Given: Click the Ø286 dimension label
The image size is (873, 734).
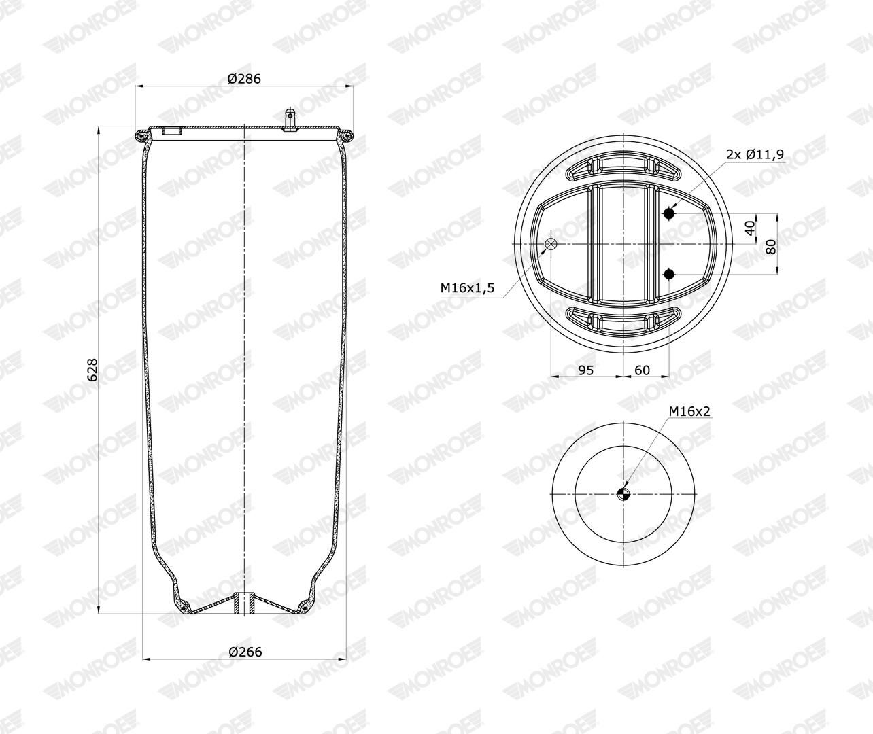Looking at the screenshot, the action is pyautogui.click(x=244, y=79).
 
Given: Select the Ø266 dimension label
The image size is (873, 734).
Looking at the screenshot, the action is pyautogui.click(x=245, y=651).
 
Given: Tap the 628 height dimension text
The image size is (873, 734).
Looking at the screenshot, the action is pyautogui.click(x=92, y=370).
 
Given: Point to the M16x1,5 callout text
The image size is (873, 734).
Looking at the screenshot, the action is pyautogui.click(x=468, y=287).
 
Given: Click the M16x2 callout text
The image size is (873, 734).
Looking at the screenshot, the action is pyautogui.click(x=689, y=411).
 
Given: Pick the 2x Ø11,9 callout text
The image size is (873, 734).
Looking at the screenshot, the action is pyautogui.click(x=755, y=154).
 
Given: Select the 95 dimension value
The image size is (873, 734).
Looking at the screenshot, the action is pyautogui.click(x=585, y=370).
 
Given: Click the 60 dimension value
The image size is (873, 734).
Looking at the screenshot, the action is pyautogui.click(x=643, y=370).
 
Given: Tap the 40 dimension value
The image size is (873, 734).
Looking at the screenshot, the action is pyautogui.click(x=751, y=228).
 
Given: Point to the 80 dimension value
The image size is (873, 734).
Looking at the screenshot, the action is pyautogui.click(x=772, y=247).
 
